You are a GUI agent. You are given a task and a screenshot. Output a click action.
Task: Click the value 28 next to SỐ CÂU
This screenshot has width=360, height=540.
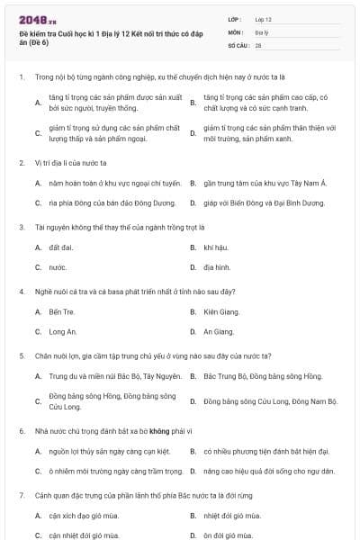pos(258,44)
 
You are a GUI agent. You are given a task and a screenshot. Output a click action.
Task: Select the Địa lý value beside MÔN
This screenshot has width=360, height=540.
pos(260,31)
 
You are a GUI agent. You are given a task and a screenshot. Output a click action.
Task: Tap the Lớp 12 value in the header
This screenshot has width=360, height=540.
pos(263,18)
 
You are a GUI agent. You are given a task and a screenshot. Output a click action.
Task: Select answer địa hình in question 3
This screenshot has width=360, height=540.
pos(217,267)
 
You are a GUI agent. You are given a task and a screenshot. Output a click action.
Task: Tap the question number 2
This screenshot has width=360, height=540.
pos(21,163)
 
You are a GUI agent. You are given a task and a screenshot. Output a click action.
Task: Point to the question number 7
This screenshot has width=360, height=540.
pos(21,495)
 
